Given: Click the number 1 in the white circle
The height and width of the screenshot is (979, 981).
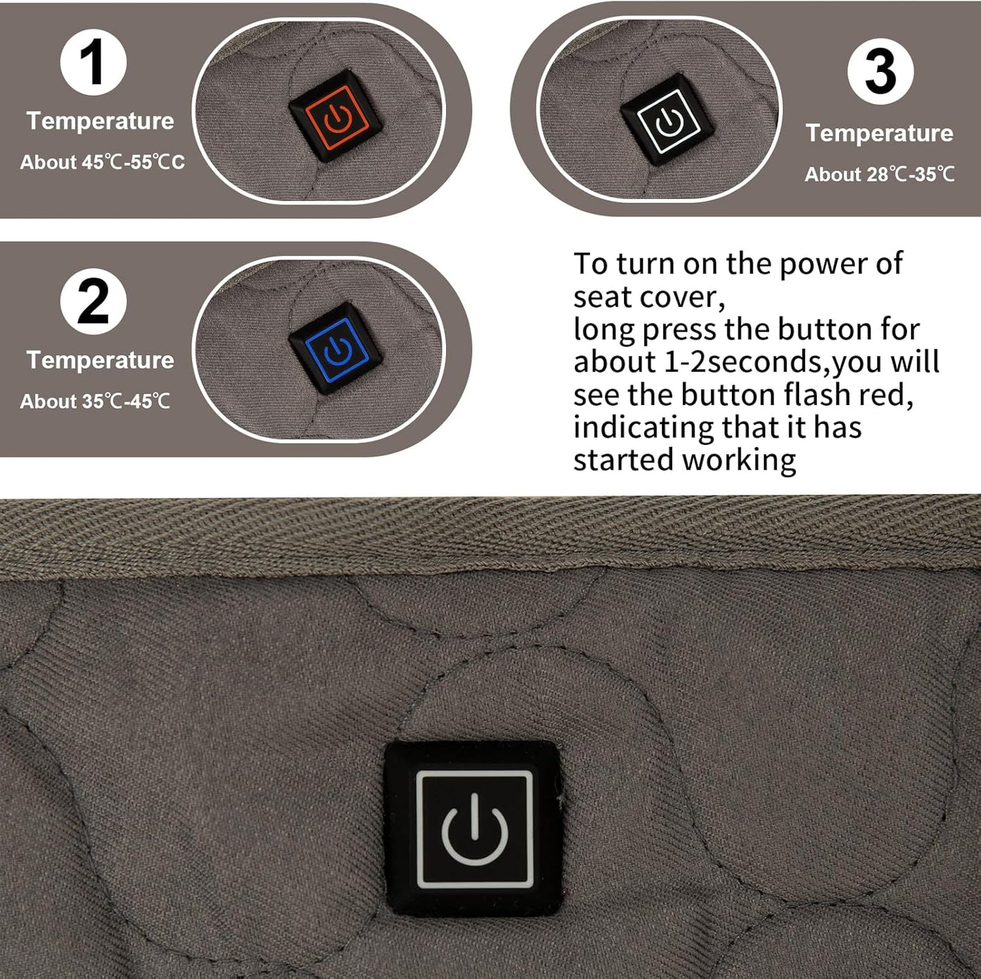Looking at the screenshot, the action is click(x=92, y=63).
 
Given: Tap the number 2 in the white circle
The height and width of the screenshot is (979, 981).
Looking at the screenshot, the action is click(x=92, y=302).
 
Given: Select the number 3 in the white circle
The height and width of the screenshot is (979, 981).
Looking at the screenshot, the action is click(x=881, y=72).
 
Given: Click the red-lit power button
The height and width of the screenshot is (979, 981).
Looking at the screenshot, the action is click(x=336, y=116).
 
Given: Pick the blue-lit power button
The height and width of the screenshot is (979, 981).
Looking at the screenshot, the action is click(x=336, y=349).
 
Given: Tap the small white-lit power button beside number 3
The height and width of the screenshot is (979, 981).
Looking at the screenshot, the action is click(x=667, y=120).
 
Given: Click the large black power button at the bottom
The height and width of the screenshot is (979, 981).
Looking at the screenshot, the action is click(x=473, y=829).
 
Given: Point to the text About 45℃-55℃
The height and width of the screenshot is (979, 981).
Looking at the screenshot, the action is click(x=103, y=162).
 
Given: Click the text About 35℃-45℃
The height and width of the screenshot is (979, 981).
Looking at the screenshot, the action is click(x=94, y=402).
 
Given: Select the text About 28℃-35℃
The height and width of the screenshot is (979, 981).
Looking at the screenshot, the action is click(x=879, y=175).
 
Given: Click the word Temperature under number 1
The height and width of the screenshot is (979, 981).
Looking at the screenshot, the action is click(x=100, y=122).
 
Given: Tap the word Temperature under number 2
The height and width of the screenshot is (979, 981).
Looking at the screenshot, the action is click(x=100, y=360).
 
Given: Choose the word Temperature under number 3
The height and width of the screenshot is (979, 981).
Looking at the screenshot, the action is click(x=879, y=134).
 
